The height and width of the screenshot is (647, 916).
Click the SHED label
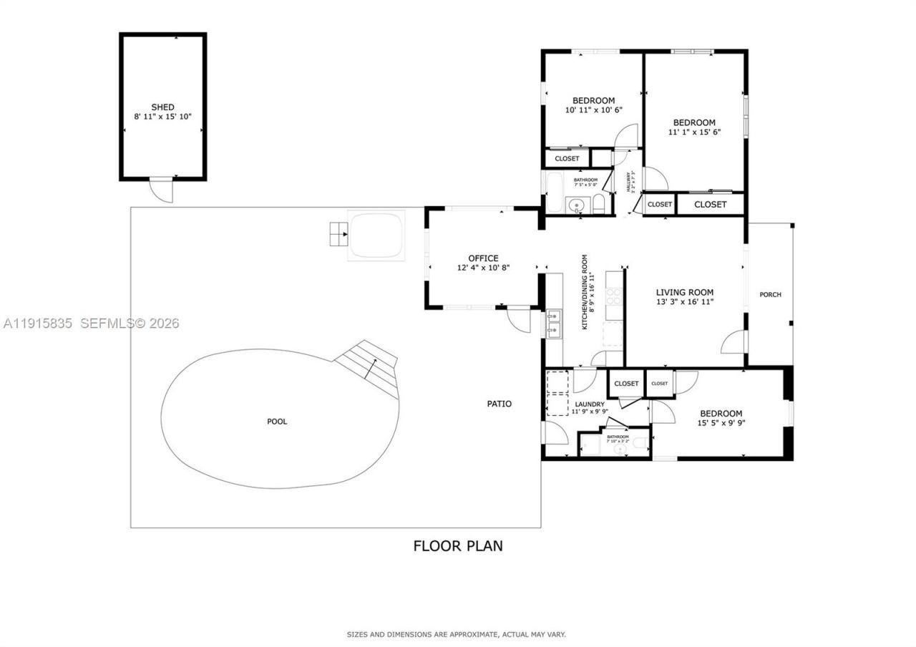tap(162, 107)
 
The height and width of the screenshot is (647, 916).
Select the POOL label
tap(277, 422)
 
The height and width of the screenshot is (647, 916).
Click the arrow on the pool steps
tap(369, 369)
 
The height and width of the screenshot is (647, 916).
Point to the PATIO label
tap(500, 404)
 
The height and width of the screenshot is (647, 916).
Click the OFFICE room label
tap(483, 258)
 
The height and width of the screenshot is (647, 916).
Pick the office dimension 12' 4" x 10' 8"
tap(483, 268)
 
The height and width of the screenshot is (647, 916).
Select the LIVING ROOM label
tap(685, 292)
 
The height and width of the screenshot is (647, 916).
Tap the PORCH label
tap(770, 295)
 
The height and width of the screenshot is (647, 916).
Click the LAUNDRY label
tap(590, 404)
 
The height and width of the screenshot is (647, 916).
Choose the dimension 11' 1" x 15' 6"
tap(694, 132)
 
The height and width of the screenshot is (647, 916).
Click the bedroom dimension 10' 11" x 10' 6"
tap(594, 110)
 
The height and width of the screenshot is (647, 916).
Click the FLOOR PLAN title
tap(458, 546)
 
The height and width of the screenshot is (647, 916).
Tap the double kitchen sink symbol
tap(554, 323)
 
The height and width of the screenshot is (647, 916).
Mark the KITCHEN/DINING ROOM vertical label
tap(588, 291)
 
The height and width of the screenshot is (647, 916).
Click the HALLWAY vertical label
tap(630, 182)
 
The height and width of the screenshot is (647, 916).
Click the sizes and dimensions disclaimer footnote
tap(457, 634)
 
